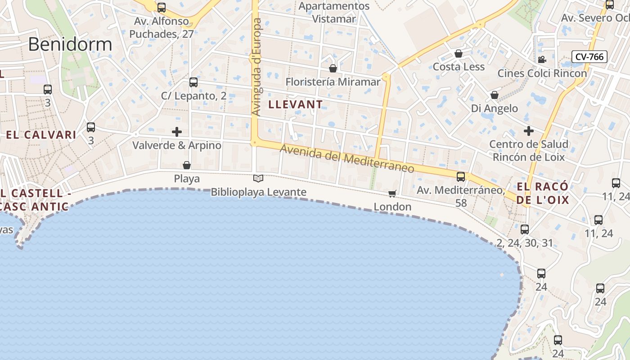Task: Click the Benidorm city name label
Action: [70, 44]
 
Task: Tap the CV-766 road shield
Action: [589, 57]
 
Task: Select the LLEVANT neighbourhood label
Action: [295, 104]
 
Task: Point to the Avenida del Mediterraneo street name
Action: [346, 159]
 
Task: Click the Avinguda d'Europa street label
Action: [256, 67]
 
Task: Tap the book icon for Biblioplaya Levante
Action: [258, 179]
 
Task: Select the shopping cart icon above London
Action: [392, 193]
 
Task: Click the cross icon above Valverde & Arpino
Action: [177, 132]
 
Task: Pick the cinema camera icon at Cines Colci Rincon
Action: [542, 59]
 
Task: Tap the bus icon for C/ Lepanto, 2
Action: [193, 82]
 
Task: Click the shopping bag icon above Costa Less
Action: [459, 54]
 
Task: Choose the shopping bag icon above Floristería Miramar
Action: [333, 68]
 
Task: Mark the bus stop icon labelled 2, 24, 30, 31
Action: [525, 229]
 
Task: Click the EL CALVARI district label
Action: [41, 135]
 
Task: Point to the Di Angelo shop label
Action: [494, 108]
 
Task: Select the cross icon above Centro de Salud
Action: [529, 131]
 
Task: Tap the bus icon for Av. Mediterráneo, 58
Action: [461, 177]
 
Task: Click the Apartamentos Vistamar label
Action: [334, 13]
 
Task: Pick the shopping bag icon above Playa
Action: [187, 165]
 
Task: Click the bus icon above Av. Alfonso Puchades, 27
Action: [162, 8]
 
